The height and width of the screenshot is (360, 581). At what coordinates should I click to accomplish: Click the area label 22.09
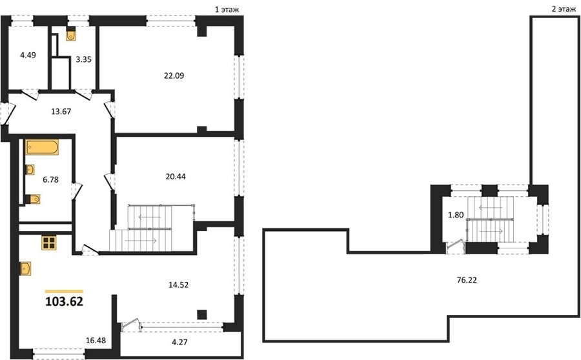click(174, 76)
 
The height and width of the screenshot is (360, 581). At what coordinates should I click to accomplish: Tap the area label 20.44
click(176, 177)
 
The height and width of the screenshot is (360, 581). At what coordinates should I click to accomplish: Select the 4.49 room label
click(28, 55)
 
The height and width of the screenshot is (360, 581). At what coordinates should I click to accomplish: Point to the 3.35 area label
click(83, 59)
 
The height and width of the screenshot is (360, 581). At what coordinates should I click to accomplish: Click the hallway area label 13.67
click(61, 112)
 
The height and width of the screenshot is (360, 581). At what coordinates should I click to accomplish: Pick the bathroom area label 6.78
click(50, 180)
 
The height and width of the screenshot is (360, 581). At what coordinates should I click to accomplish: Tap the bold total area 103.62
click(64, 302)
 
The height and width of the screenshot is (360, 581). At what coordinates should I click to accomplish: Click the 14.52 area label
click(179, 285)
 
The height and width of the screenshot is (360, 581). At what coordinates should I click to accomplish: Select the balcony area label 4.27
click(179, 342)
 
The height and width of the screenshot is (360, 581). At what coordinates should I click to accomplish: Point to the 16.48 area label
click(96, 341)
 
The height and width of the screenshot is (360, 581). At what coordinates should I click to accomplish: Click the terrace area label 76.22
click(467, 280)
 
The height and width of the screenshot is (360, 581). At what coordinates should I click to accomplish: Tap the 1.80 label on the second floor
click(456, 215)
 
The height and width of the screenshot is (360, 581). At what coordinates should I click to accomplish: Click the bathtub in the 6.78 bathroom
click(42, 147)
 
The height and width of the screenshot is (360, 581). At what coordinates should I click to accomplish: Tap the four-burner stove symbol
click(49, 243)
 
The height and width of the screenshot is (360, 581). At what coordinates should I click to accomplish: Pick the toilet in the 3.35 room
click(71, 35)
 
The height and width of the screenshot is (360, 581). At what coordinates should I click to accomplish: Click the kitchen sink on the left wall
click(26, 268)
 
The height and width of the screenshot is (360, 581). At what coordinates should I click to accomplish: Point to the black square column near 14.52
click(201, 314)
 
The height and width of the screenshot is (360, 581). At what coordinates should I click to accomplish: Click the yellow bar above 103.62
click(64, 292)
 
